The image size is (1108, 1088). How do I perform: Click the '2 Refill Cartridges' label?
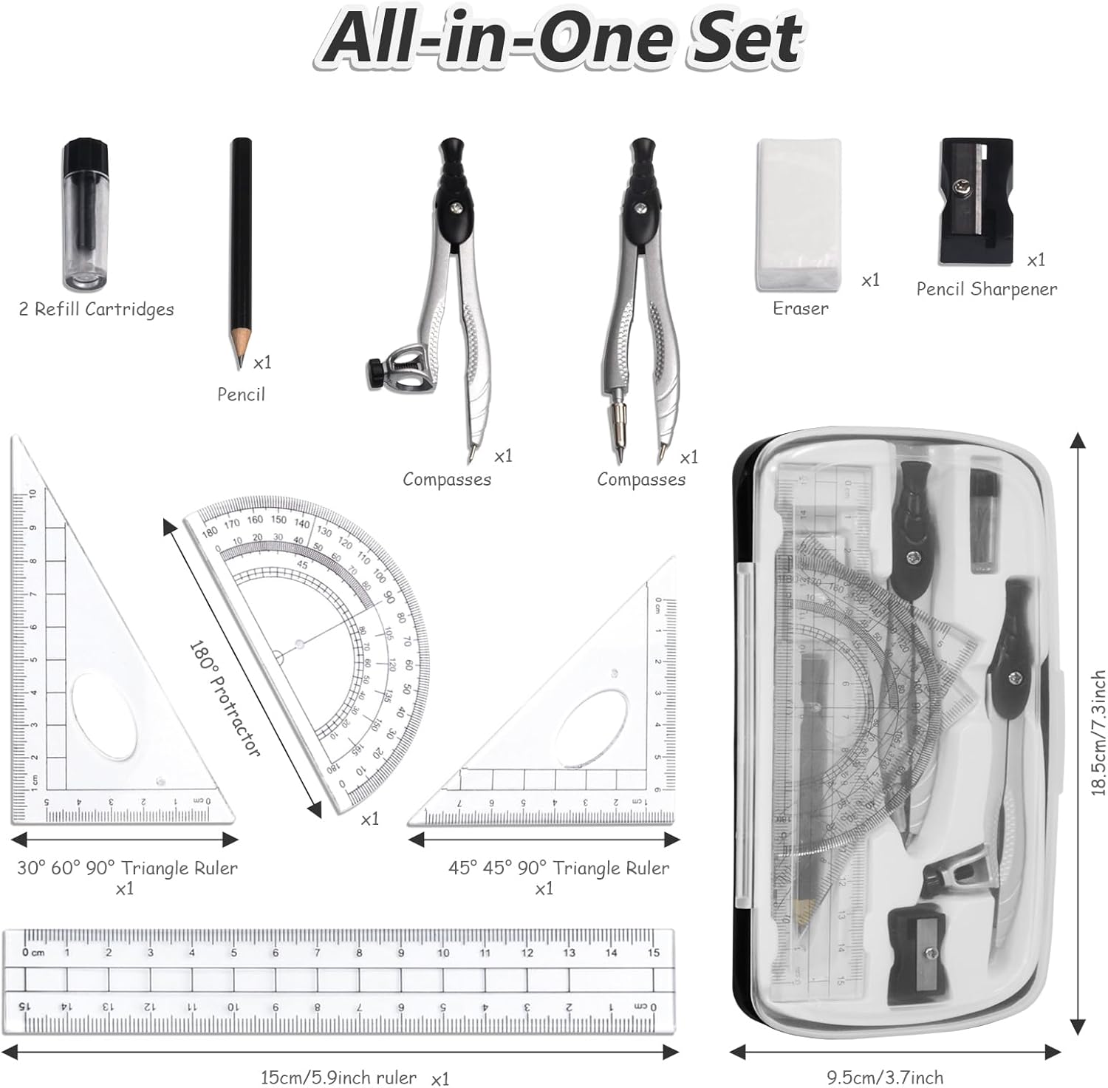click(96, 309)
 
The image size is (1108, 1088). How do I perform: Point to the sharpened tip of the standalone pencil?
click(239, 364)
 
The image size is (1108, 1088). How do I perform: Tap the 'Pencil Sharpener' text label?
click(986, 289)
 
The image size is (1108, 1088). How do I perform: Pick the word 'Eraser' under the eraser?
click(800, 308)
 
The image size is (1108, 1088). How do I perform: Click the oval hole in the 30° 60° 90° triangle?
click(105, 714)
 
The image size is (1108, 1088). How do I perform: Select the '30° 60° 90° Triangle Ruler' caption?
click(127, 868)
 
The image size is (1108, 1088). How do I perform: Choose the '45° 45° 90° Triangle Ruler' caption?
click(558, 868)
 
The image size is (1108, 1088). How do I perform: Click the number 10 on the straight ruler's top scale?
click(442, 953)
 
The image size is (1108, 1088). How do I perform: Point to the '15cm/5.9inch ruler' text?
click(338, 1078)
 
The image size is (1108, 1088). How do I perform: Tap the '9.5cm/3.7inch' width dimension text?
click(884, 1078)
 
